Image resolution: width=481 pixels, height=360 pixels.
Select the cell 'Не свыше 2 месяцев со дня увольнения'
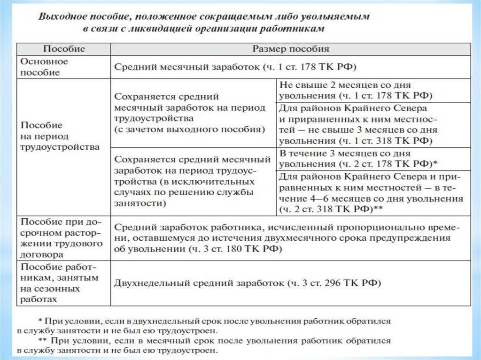pyautogui.click(x=355, y=91)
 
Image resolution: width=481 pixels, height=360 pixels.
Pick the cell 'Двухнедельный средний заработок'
pyautogui.click(x=247, y=283)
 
